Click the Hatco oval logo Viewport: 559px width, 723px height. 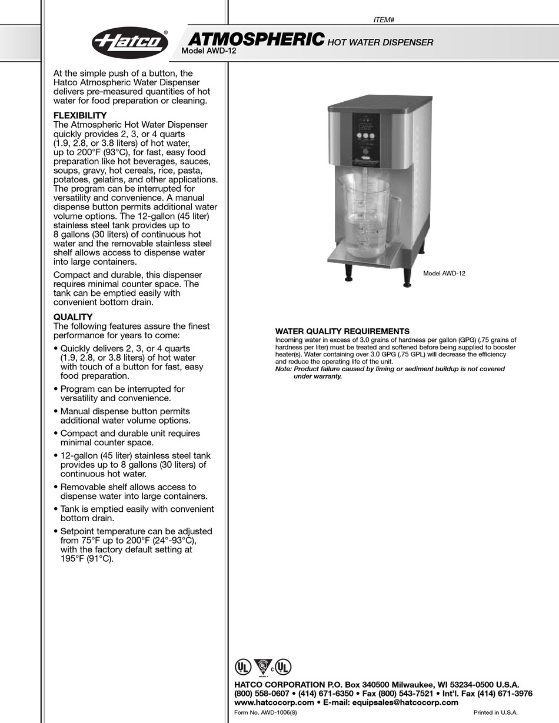point(129,43)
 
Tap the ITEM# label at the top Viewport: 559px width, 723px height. point(384,19)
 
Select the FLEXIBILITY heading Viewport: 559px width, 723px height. point(80,115)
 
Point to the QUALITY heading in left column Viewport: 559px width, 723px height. point(73,317)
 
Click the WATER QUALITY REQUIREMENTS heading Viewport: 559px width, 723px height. point(342,332)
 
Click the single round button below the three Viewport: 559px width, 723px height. point(366,151)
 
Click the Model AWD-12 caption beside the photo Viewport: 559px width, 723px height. point(444,274)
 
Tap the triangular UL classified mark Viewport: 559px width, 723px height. point(262,667)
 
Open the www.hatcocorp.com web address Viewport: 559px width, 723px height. point(274,702)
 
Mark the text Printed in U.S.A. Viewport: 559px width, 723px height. point(495,712)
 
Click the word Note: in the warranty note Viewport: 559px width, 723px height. point(284,369)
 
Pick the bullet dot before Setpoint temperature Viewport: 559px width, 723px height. point(56,531)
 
